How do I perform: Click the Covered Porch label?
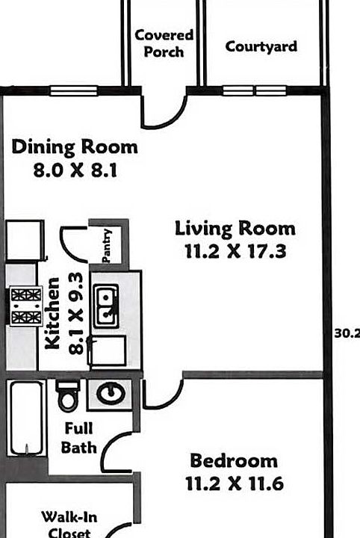point(164,43)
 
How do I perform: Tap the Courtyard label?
point(261,46)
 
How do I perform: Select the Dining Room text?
point(75,146)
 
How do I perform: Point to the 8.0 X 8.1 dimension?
point(75,170)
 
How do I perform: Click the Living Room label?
point(235,229)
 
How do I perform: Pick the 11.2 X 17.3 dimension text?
point(235,252)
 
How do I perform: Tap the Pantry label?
point(107,245)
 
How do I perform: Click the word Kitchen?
point(52,313)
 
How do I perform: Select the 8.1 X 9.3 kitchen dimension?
point(75,313)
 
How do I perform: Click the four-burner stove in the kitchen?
point(26,306)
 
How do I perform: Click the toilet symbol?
point(67,395)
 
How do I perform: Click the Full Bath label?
point(79,439)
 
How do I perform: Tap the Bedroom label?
point(233,460)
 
